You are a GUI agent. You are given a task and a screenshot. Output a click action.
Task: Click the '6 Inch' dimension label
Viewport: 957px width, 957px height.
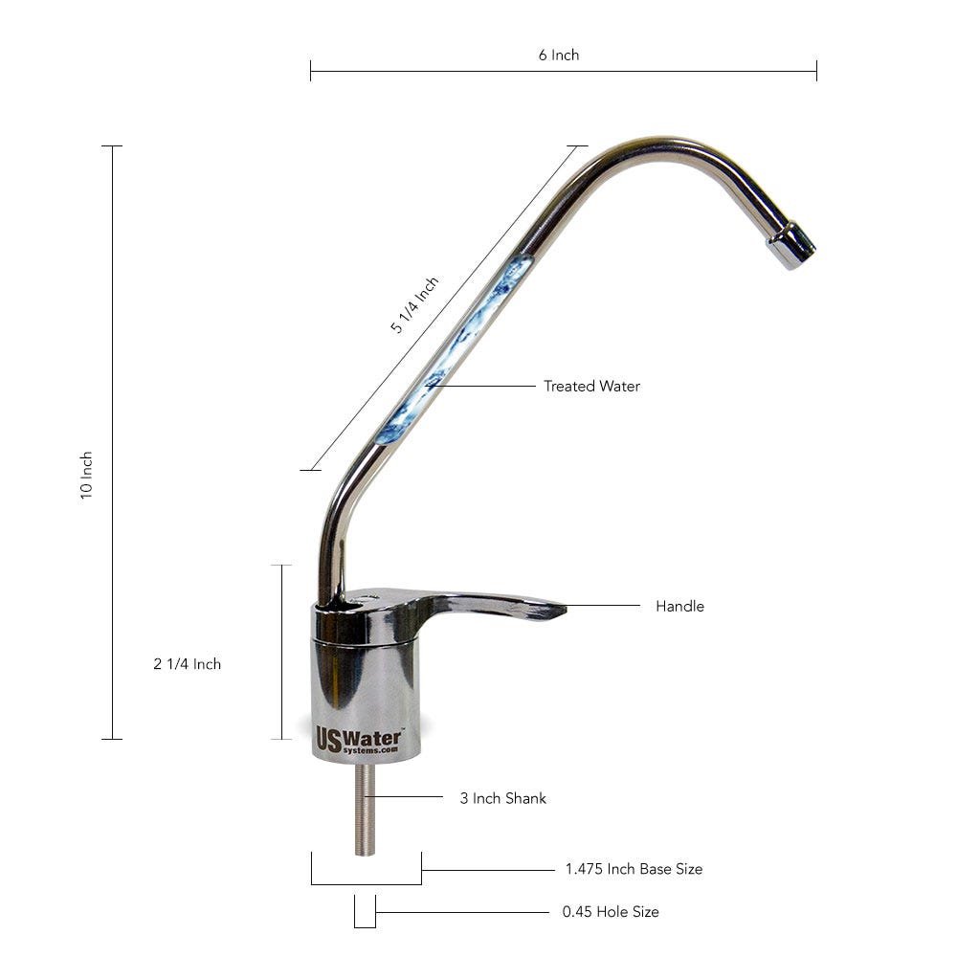point(558,55)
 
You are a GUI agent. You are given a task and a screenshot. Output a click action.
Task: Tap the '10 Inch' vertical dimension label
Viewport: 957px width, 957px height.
point(86,475)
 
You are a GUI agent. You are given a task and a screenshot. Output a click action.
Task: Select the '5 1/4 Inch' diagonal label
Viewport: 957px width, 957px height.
point(414,305)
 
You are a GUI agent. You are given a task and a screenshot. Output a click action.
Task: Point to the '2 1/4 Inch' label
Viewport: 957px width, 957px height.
point(187,664)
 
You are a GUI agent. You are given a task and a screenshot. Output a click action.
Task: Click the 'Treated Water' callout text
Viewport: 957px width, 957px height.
point(591,387)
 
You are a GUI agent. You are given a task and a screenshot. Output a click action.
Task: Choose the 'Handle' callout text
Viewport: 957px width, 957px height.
point(679,606)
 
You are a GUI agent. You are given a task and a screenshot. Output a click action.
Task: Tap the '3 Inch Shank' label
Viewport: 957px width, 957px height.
point(502,797)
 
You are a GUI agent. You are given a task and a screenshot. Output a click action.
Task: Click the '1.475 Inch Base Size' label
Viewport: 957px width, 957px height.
point(633,869)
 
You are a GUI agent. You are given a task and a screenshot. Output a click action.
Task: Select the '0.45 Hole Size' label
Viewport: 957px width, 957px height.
point(610,912)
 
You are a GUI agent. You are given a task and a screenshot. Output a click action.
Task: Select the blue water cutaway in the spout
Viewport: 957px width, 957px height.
point(450,354)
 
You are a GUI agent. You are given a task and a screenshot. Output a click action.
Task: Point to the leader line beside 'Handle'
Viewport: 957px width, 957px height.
point(603,606)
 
